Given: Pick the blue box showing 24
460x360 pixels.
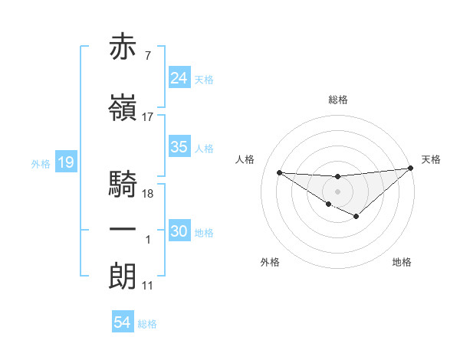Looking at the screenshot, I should pos(179,78).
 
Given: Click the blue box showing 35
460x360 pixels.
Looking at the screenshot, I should pos(179,147).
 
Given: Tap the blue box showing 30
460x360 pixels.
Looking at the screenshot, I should pos(179,231).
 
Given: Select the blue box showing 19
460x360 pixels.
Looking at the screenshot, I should pos(65,162).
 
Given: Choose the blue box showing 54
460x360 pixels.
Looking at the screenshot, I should pos(123,322).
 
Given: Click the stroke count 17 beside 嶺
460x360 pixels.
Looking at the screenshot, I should pos(148,117).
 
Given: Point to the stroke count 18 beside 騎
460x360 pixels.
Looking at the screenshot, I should pos(149,194).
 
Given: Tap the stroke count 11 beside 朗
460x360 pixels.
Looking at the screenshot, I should pos(148,286).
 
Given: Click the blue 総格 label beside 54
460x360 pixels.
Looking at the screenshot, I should pos(147,324).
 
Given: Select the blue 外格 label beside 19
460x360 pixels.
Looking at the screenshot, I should pos(41,163).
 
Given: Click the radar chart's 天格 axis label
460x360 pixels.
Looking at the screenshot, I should pos(431,159).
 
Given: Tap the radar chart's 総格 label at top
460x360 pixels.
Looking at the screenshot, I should pos(338,100).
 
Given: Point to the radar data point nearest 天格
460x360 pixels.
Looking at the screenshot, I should pos(411,168).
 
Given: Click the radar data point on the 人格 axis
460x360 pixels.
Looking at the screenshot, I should pos(279,172).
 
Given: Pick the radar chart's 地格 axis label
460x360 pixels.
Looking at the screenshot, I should pos(402,262).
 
